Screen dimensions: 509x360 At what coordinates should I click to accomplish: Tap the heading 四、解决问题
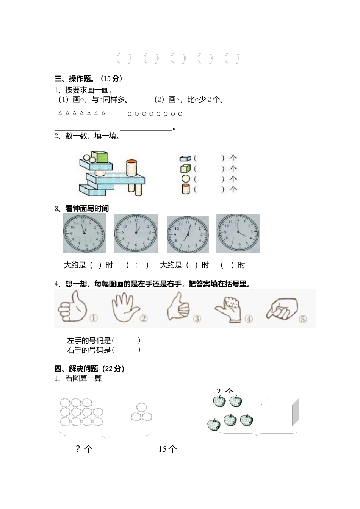point(76,368)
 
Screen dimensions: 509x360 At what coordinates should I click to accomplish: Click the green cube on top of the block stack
point(100,157)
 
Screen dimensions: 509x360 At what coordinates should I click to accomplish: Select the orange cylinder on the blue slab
point(131,168)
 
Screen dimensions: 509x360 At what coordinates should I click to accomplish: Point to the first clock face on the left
point(84,233)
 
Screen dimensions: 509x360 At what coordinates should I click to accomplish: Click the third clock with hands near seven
point(188,235)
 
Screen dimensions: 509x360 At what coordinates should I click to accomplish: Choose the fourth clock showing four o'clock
point(238,233)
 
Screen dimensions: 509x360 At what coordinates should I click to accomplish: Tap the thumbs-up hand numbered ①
point(73,307)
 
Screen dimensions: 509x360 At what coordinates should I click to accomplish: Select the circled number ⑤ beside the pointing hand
point(302,319)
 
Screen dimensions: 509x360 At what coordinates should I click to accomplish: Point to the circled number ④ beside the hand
point(248,319)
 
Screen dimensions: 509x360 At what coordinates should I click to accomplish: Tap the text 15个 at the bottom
point(167,449)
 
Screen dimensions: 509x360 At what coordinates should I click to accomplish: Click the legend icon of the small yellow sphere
point(185,179)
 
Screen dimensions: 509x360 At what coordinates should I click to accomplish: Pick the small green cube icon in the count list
point(185,168)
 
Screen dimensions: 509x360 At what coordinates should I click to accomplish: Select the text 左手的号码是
point(89,340)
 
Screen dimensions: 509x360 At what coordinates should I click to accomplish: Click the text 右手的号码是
point(89,350)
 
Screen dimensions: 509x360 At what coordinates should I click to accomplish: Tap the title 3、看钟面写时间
point(81,209)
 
